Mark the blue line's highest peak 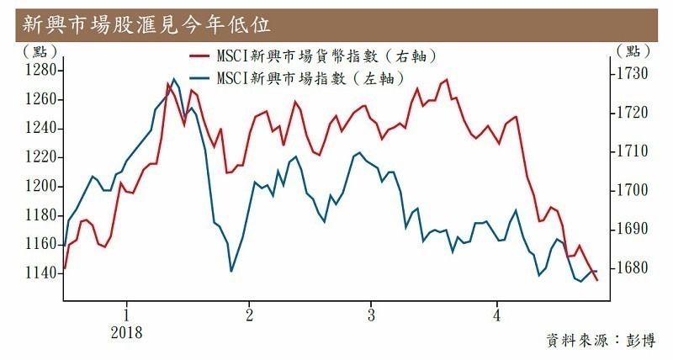[x=174, y=79]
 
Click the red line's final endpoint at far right [x=597, y=280]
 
